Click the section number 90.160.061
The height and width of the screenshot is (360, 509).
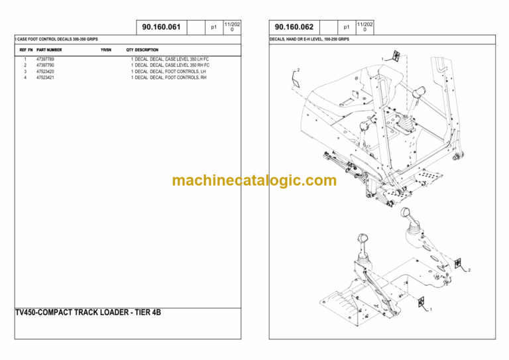coord(161,27)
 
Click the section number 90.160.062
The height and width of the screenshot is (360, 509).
coord(294,27)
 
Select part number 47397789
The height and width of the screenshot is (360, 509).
coord(45,59)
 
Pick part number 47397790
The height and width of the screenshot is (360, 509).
coord(45,65)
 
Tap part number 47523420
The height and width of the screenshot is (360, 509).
coord(45,72)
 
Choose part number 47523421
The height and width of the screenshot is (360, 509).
coord(45,78)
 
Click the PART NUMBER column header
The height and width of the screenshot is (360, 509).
coord(49,50)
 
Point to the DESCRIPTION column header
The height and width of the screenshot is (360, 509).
coord(146,50)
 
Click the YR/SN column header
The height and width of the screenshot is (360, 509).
coord(106,50)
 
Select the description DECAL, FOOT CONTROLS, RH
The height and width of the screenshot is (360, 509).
coord(178,78)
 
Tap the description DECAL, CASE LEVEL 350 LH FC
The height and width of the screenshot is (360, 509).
coord(179,59)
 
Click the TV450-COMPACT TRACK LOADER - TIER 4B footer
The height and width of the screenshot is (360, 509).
coord(88,312)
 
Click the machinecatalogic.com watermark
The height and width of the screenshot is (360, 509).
coord(254,180)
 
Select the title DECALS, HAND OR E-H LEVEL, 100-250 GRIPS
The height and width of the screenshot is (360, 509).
coord(310,39)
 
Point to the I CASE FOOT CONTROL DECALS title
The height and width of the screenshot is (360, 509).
coord(56,39)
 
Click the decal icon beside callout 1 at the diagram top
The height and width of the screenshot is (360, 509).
coord(396,56)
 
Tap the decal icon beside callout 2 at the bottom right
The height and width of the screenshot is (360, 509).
coord(458,263)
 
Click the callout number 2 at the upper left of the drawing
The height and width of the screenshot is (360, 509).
coord(298,70)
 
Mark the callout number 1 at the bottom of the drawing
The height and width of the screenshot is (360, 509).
coord(431,310)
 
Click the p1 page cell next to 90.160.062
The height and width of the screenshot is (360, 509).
coord(347,27)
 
